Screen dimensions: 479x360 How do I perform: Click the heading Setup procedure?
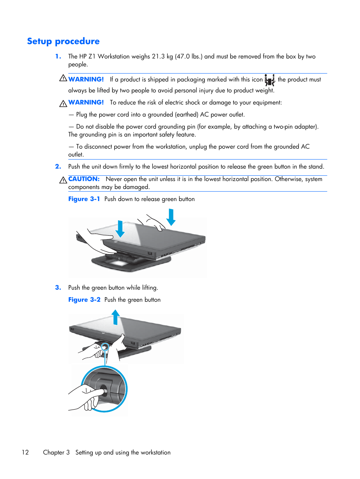tap(63, 41)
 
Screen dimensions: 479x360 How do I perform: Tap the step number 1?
tap(58, 57)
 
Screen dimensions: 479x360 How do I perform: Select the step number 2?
tap(58, 167)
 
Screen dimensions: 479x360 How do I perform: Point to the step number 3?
tap(58, 288)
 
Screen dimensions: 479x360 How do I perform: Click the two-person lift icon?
tap(269, 80)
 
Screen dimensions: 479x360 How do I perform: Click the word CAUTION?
tap(84, 179)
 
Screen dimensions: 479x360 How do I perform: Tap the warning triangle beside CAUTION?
tap(63, 180)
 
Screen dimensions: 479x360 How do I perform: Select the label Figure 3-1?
tap(84, 199)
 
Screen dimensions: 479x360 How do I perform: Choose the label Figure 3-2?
tap(84, 300)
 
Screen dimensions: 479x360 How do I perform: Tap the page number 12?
tap(25, 453)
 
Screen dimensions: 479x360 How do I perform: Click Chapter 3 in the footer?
tap(56, 453)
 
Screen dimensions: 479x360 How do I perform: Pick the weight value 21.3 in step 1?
tap(158, 57)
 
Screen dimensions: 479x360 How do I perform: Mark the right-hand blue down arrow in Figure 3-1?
tap(171, 217)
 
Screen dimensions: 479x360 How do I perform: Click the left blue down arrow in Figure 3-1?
tap(120, 229)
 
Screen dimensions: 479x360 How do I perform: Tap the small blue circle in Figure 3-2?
tap(105, 347)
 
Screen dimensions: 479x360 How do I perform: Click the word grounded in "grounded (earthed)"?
tap(160, 115)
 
